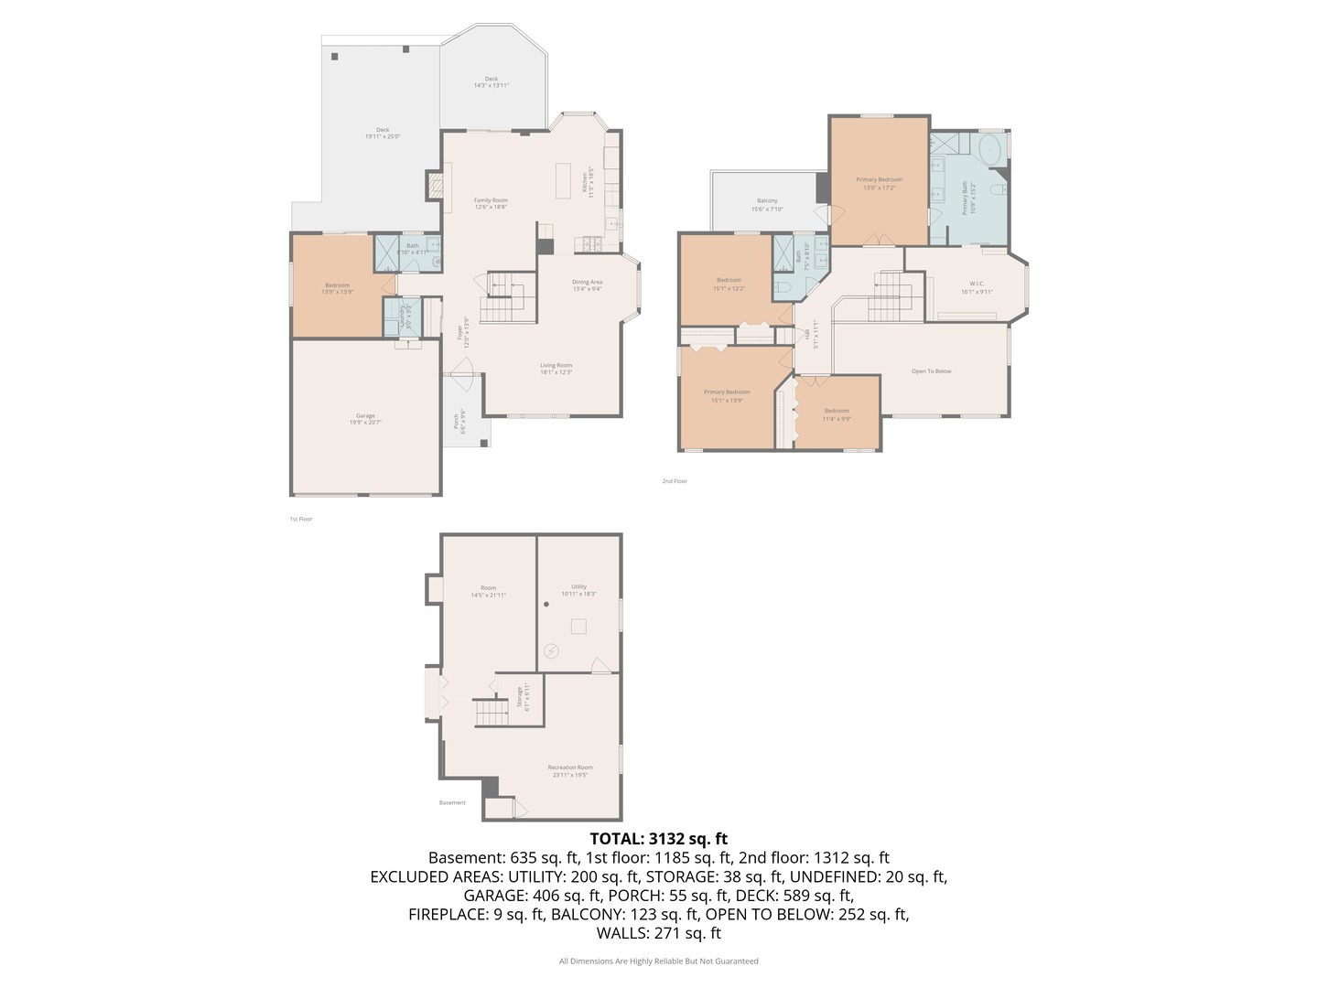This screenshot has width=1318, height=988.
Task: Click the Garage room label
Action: (365, 419)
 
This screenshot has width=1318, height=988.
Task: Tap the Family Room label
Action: (491, 203)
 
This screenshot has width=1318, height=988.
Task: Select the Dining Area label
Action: (587, 285)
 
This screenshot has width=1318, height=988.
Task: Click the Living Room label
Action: (556, 369)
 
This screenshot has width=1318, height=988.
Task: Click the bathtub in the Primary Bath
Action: (990, 150)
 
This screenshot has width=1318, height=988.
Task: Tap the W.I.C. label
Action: (977, 287)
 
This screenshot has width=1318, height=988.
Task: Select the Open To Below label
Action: (931, 371)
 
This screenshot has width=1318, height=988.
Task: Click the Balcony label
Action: (767, 205)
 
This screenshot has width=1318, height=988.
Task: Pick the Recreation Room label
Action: (570, 771)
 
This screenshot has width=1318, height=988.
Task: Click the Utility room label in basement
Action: (578, 590)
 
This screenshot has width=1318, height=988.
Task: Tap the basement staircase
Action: (491, 712)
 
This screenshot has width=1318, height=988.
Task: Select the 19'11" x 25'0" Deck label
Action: (383, 133)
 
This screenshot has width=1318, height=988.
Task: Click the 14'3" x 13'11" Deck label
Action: (492, 81)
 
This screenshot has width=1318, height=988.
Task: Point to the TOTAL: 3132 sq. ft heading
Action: (658, 838)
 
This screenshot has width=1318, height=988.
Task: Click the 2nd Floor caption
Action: (675, 481)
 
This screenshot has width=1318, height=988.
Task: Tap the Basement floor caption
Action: (452, 803)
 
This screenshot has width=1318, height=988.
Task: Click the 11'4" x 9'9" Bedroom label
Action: (837, 414)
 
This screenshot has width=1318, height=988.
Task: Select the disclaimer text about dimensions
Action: (658, 961)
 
